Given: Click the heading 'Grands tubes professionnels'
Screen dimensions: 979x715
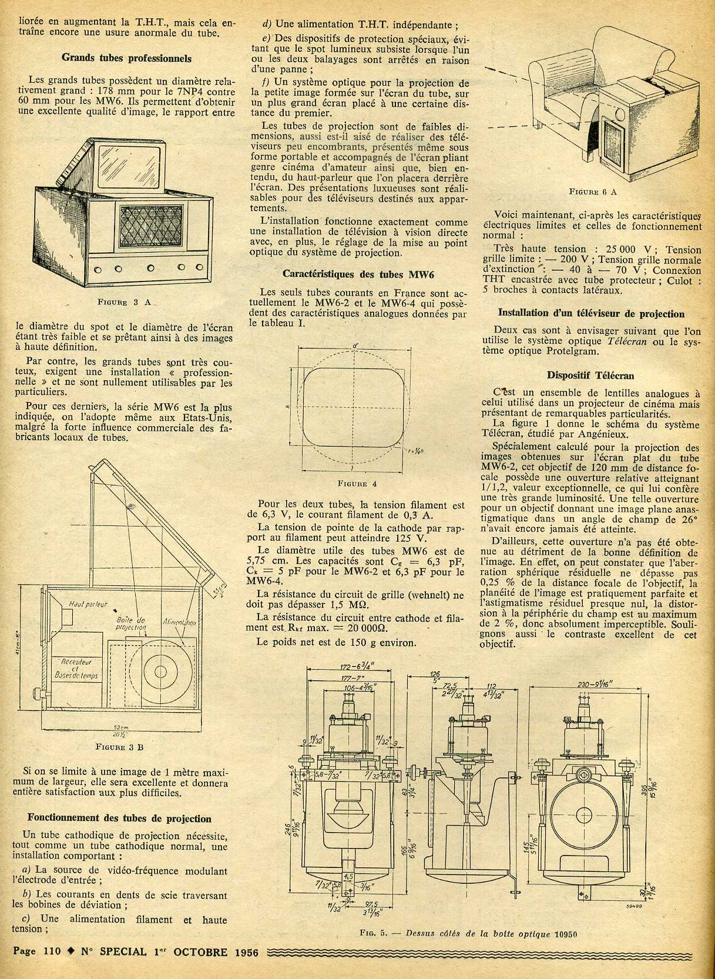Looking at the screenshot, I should [x=126, y=58].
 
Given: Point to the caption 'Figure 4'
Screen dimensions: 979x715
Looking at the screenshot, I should [x=357, y=484].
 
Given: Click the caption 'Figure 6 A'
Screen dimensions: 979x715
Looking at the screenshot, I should [x=593, y=192].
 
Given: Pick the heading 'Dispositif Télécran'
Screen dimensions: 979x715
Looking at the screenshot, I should [x=590, y=375].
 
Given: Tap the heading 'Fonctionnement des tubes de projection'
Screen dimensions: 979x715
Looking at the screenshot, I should [x=119, y=818].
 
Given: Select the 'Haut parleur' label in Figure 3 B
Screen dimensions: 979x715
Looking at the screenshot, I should [x=88, y=604].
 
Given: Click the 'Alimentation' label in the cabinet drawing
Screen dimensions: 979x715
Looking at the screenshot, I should [x=180, y=621].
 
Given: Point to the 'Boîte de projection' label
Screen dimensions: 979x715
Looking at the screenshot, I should [x=130, y=623].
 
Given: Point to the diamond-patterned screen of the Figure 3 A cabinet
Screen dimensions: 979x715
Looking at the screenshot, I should [x=152, y=227].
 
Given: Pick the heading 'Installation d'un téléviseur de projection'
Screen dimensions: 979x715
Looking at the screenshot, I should [x=590, y=314].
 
